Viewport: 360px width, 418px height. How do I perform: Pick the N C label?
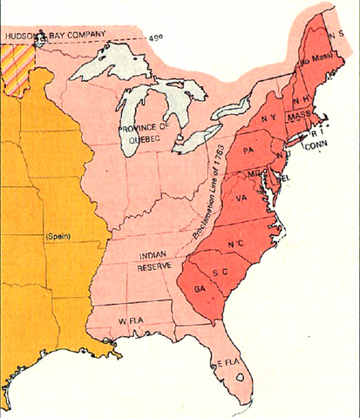pos(235,246)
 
